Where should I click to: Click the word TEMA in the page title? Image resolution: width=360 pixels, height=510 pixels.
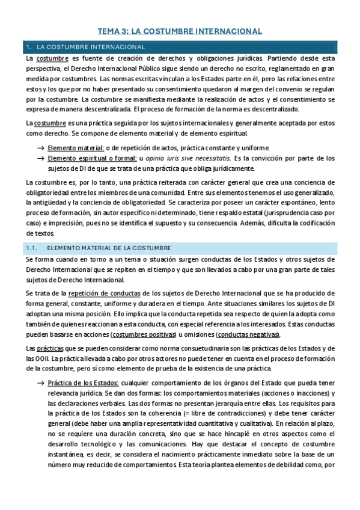[x=110, y=31]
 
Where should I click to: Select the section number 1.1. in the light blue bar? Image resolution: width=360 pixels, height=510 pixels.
[x=34, y=248]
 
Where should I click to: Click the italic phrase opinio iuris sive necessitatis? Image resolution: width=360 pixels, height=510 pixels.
[x=180, y=158]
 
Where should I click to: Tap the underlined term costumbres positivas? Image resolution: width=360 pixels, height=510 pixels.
[x=174, y=334]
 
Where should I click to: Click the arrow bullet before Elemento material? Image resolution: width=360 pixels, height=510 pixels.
[x=40, y=148]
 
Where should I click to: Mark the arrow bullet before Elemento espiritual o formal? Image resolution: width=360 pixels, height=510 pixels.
[x=40, y=158]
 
